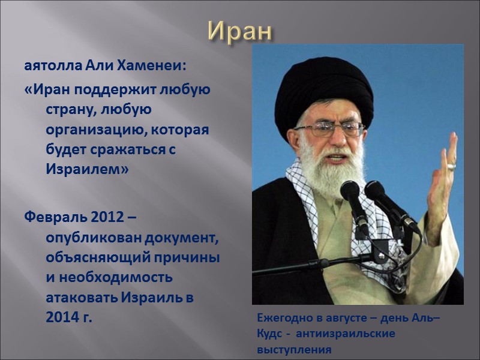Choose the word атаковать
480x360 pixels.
point(82,297)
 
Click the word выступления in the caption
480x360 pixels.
point(293,349)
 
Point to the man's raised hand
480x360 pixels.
point(441,180)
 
